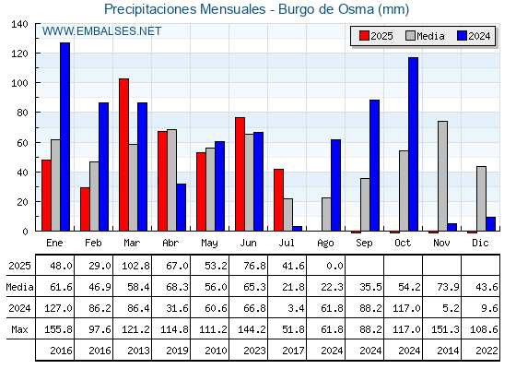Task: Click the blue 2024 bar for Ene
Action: coord(64,137)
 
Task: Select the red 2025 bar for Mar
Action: coord(123,155)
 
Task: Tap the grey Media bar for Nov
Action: coord(442,176)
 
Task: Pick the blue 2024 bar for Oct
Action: coord(414,144)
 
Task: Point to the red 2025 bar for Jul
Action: coord(278,200)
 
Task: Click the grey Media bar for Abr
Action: coord(171,180)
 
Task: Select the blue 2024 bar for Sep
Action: coord(374,165)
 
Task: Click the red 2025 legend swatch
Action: coord(364,36)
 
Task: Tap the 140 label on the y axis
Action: coord(20,24)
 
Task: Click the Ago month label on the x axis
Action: coord(325,244)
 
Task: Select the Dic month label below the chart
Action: coord(480,243)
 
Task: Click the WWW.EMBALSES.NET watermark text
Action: coord(101,31)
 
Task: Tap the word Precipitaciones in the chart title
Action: coord(152,9)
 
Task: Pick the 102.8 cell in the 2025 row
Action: coord(136,266)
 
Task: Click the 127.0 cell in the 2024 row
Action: coord(58,308)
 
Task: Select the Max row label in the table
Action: coord(19,329)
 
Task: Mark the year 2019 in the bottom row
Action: coord(177,351)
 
